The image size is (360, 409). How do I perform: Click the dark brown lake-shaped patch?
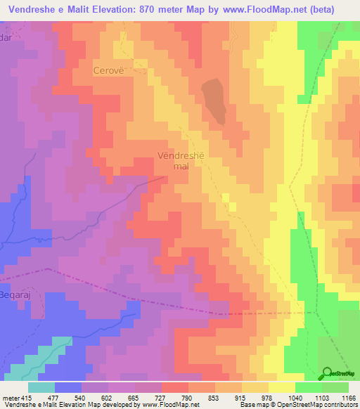[x=214, y=100]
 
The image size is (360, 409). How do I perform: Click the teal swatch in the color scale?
[x=41, y=387]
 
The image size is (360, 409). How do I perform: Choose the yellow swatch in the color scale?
[x=282, y=387]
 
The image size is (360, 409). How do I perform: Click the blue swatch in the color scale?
[x=68, y=387]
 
